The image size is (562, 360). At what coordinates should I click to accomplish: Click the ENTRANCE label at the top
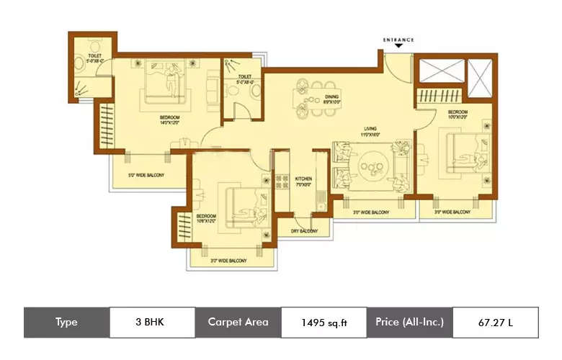(x=398, y=38)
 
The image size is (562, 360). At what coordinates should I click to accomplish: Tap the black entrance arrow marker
(x=398, y=47)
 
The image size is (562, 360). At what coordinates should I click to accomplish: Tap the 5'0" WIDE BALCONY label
(x=146, y=175)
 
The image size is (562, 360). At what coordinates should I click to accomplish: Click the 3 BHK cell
(x=151, y=322)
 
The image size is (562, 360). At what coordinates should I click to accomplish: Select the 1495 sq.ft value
(x=324, y=322)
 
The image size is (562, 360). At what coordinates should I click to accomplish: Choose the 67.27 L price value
(x=495, y=322)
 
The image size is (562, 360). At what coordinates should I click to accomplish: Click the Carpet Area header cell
(x=238, y=322)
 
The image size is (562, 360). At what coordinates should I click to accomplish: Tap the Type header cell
(x=66, y=322)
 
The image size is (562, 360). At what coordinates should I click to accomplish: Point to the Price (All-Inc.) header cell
(x=409, y=322)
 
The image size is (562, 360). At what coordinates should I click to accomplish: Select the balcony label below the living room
(x=371, y=212)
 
